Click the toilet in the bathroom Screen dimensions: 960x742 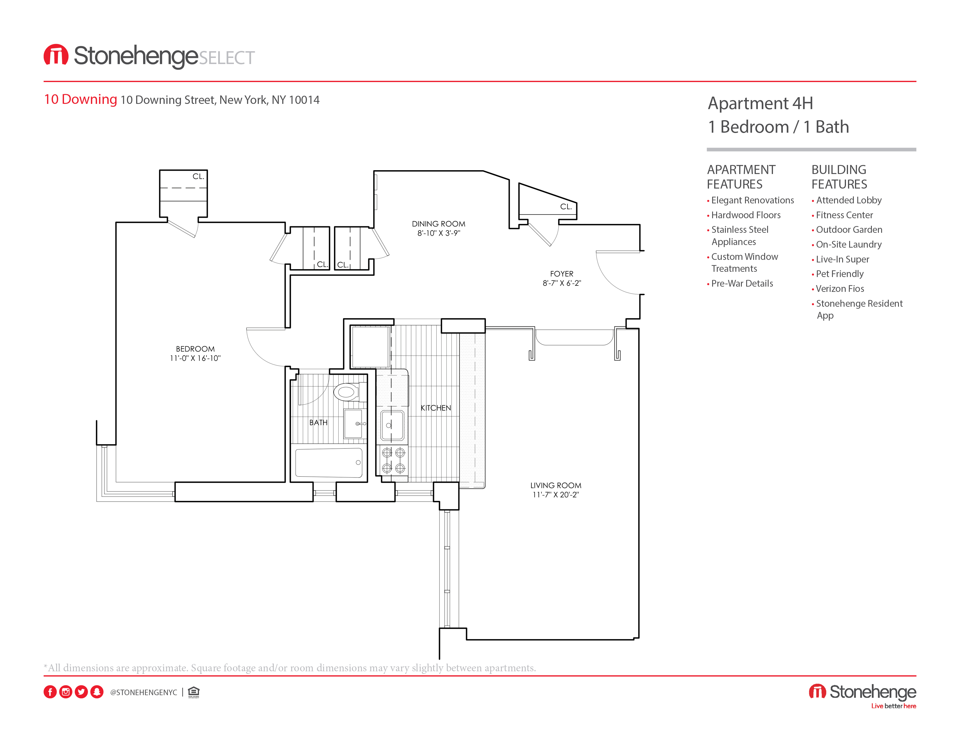[x=347, y=391]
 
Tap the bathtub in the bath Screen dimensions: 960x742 [x=329, y=462]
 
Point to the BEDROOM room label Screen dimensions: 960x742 [x=195, y=349]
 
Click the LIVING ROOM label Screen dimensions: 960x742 [x=556, y=485]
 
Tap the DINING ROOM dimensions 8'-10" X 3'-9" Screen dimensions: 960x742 [x=438, y=233]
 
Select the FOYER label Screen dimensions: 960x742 [x=561, y=274]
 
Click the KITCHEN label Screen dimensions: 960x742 [x=435, y=408]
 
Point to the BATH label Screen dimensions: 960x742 [x=318, y=423]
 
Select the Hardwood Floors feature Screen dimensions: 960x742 [x=746, y=215]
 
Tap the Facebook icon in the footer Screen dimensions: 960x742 [x=50, y=692]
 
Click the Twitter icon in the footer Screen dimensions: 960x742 [x=81, y=692]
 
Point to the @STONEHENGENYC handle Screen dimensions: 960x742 [x=143, y=692]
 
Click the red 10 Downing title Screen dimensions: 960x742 [x=81, y=99]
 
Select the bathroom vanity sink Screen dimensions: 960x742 [x=353, y=424]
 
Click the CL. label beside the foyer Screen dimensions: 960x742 [x=566, y=207]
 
